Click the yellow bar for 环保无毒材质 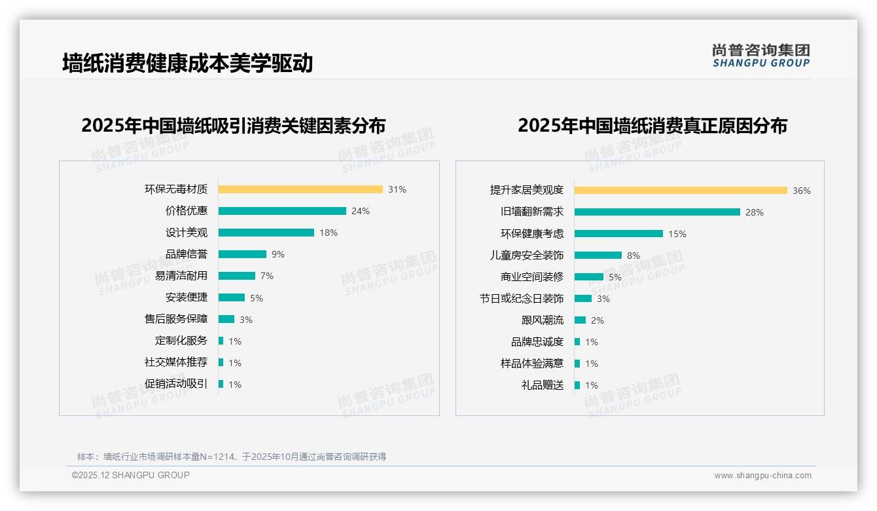(300, 189)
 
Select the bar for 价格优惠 (282, 211)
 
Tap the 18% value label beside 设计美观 (329, 233)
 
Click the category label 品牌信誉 (187, 254)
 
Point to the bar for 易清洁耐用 (237, 276)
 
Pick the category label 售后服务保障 (176, 319)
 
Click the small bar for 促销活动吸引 (221, 384)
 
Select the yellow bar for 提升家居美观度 (681, 191)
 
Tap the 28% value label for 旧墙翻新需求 (755, 212)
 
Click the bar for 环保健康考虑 (618, 234)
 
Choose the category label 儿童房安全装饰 (527, 255)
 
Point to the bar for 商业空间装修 (589, 277)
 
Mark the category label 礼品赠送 (543, 385)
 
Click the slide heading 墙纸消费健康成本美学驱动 (188, 63)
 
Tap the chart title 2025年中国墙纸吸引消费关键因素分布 (234, 125)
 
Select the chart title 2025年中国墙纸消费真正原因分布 (653, 125)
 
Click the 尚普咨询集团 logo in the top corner (761, 55)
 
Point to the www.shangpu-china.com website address (762, 476)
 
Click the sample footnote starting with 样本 (232, 457)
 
